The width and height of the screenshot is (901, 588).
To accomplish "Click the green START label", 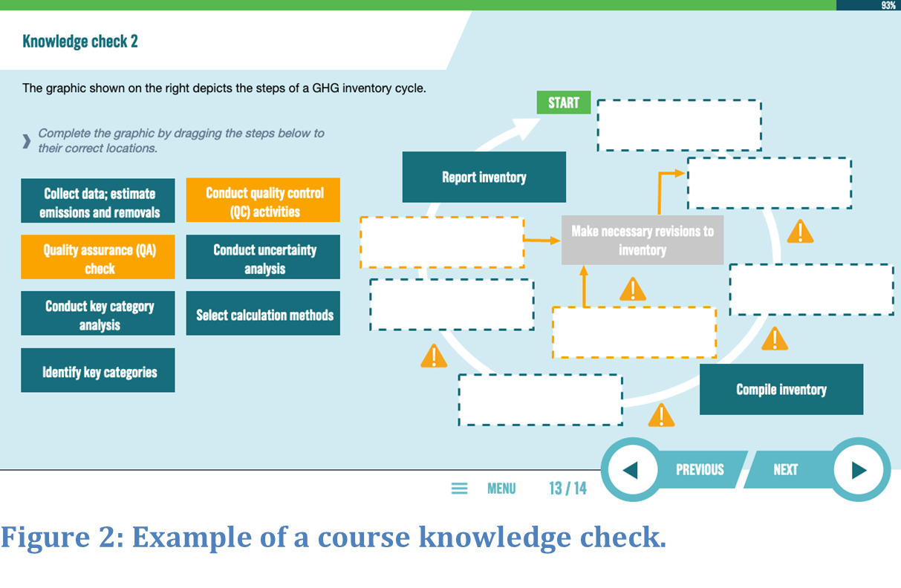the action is pyautogui.click(x=564, y=102).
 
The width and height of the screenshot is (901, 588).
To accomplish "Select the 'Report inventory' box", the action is pyautogui.click(x=484, y=177).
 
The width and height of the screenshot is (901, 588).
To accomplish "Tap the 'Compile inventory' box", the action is pyautogui.click(x=781, y=389).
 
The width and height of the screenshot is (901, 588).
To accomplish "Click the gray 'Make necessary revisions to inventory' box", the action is pyautogui.click(x=643, y=240).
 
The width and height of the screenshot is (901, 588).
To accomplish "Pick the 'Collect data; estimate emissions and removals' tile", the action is pyautogui.click(x=98, y=200).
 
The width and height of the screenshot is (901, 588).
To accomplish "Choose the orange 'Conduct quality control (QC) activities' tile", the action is pyautogui.click(x=263, y=200).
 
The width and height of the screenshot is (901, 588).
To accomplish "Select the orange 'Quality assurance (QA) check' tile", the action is pyautogui.click(x=98, y=257).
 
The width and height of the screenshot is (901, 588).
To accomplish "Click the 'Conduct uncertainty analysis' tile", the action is pyautogui.click(x=263, y=257).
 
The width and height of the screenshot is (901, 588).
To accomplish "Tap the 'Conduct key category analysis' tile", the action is pyautogui.click(x=98, y=313).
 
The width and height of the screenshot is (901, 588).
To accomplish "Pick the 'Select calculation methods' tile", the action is pyautogui.click(x=263, y=313).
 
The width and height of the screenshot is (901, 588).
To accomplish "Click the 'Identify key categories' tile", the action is pyautogui.click(x=98, y=370).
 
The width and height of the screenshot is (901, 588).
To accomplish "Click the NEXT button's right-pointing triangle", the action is pyautogui.click(x=859, y=470).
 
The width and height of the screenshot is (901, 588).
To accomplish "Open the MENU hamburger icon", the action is pyautogui.click(x=459, y=489).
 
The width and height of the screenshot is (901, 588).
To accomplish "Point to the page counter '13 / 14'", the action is pyautogui.click(x=567, y=489).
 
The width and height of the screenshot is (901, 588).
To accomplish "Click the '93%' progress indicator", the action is pyautogui.click(x=888, y=5).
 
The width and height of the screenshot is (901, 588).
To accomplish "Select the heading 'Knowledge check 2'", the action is pyautogui.click(x=80, y=42).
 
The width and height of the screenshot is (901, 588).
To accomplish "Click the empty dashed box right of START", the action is pyautogui.click(x=680, y=125).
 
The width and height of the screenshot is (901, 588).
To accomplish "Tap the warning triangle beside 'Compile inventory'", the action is pyautogui.click(x=661, y=415).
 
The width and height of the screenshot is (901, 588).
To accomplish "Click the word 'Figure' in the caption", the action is pyautogui.click(x=45, y=537).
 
